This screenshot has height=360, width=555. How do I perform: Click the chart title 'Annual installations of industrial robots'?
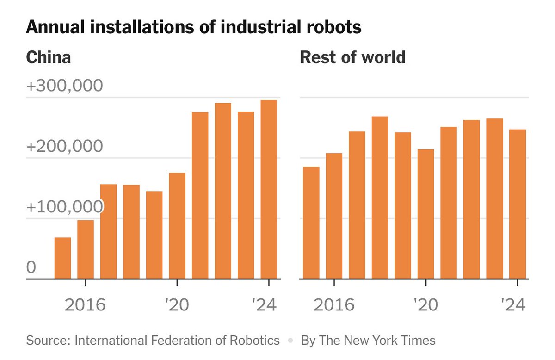coord(193,28)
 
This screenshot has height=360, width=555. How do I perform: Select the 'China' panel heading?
coord(49,58)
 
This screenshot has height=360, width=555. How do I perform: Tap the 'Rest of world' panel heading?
coord(352,58)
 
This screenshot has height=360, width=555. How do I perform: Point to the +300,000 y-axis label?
coord(64,86)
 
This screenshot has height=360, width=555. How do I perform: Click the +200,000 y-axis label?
coord(64,146)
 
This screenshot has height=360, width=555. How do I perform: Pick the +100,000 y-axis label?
coord(64,207)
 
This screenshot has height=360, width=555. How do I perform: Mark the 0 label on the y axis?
coord(31,267)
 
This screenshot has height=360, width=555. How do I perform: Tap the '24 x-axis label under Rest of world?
coord(513,305)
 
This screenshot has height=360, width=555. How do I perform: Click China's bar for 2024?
coord(269,190)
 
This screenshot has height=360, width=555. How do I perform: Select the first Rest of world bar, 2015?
coord(311,223)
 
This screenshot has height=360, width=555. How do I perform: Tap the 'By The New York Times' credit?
coord(368,341)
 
